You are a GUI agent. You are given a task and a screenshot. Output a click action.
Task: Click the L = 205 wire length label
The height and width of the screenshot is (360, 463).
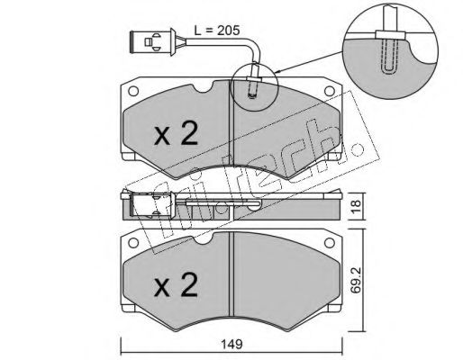click(x=217, y=31)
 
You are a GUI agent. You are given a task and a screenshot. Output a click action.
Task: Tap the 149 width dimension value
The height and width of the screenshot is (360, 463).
click(x=232, y=344)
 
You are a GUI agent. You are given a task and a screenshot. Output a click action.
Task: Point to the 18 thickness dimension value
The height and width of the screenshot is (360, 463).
click(x=356, y=207)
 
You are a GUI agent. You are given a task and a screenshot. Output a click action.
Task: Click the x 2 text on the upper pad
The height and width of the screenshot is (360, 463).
click(x=176, y=134)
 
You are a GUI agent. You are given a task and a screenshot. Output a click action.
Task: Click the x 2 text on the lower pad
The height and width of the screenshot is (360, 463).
click(x=176, y=285)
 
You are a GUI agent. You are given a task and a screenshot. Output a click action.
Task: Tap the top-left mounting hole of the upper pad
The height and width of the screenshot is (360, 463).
click(x=133, y=91)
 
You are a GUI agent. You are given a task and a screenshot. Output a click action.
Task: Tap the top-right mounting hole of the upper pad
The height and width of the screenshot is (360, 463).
click(x=330, y=91)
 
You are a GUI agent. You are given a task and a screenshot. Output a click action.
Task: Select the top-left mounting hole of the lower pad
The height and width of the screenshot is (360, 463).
click(x=133, y=242)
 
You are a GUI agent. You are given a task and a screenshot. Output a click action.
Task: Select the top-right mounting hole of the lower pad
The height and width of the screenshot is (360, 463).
click(x=330, y=242)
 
